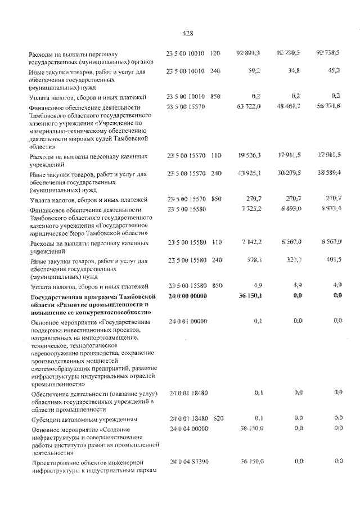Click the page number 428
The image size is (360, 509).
point(188,33)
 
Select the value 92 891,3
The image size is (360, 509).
point(250,53)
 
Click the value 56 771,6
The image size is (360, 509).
point(330,107)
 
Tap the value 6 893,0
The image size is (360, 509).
point(291,209)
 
